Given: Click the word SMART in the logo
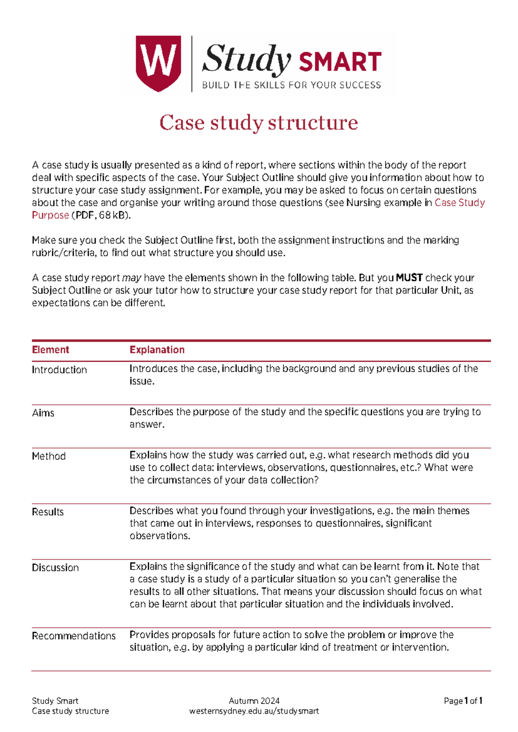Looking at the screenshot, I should [x=340, y=62].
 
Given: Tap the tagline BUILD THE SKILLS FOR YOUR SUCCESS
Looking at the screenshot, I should [x=291, y=85].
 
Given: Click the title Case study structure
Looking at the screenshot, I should [x=259, y=123].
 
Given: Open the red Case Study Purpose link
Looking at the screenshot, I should [x=459, y=203].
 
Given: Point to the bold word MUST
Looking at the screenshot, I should [x=409, y=278].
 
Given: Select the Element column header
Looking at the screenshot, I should [x=51, y=350].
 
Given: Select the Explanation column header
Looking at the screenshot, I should [x=157, y=350].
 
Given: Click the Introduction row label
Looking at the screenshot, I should [x=60, y=370].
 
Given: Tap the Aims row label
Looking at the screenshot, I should [x=43, y=413].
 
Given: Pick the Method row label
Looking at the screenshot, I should [x=49, y=456].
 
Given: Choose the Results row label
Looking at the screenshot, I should [x=48, y=512].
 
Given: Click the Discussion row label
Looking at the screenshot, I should [x=55, y=568].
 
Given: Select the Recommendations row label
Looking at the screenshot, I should [x=74, y=636].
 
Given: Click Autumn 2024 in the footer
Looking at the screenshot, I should [x=254, y=700].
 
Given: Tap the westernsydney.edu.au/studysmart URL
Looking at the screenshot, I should [x=254, y=711].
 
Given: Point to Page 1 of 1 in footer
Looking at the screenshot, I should [x=463, y=700].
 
